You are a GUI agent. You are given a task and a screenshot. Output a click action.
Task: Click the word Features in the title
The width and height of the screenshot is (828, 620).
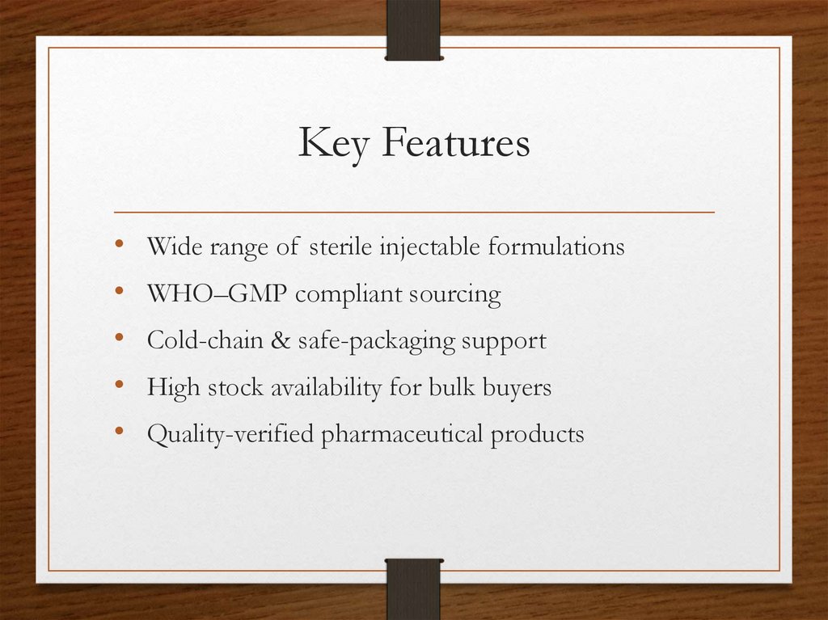[x=456, y=143]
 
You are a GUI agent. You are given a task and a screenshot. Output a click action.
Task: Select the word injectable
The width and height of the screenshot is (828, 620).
[x=429, y=247]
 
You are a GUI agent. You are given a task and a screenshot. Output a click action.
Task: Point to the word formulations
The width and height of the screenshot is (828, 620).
[x=556, y=247]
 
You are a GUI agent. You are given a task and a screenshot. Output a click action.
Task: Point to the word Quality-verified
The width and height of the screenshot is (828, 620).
[x=230, y=435]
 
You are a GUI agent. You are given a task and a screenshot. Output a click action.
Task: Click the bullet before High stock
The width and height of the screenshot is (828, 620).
[x=120, y=386]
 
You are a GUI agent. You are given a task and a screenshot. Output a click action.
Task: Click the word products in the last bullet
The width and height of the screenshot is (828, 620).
[x=537, y=435]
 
